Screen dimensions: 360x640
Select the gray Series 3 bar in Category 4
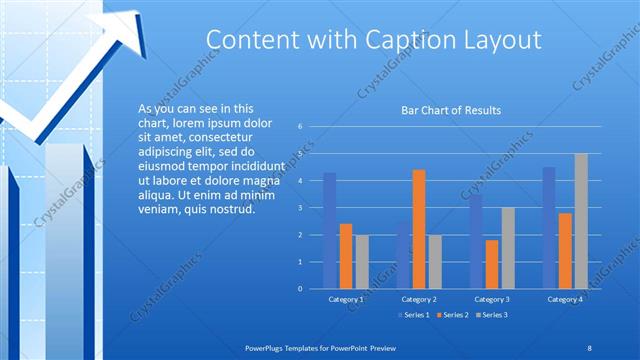(x=581, y=221)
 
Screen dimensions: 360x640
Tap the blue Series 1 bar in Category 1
(x=330, y=230)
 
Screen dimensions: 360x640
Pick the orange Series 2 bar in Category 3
(x=491, y=264)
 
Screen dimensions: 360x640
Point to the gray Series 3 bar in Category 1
(x=362, y=261)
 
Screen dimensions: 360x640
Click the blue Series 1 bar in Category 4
(x=549, y=227)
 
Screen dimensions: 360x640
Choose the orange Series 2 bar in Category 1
(x=346, y=256)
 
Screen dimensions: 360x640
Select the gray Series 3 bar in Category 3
(x=507, y=247)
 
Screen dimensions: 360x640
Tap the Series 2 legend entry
(x=452, y=316)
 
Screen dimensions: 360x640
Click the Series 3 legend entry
(x=494, y=316)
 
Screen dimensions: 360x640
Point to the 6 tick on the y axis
(x=300, y=127)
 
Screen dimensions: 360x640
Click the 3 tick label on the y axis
(x=300, y=208)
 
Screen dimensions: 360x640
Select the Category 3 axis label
(x=491, y=299)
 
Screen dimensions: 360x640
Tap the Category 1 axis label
(x=346, y=299)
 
